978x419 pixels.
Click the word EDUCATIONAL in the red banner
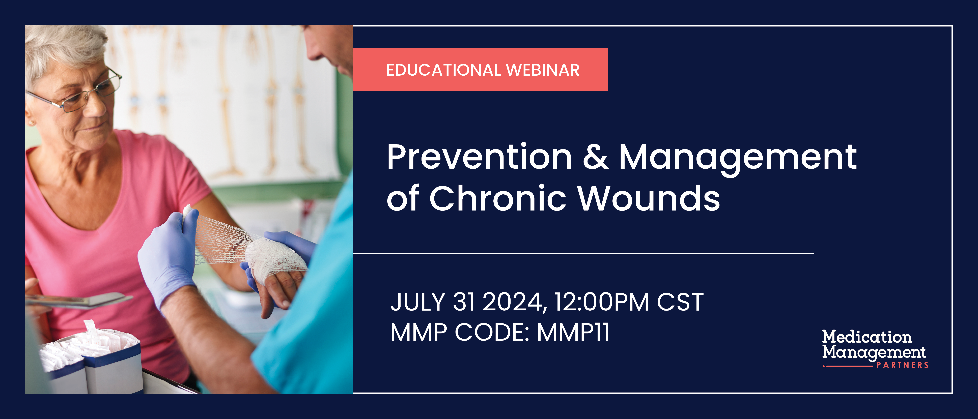tap(443, 70)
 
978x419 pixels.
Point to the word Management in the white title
tap(737, 158)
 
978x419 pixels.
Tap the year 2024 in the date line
tap(514, 303)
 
